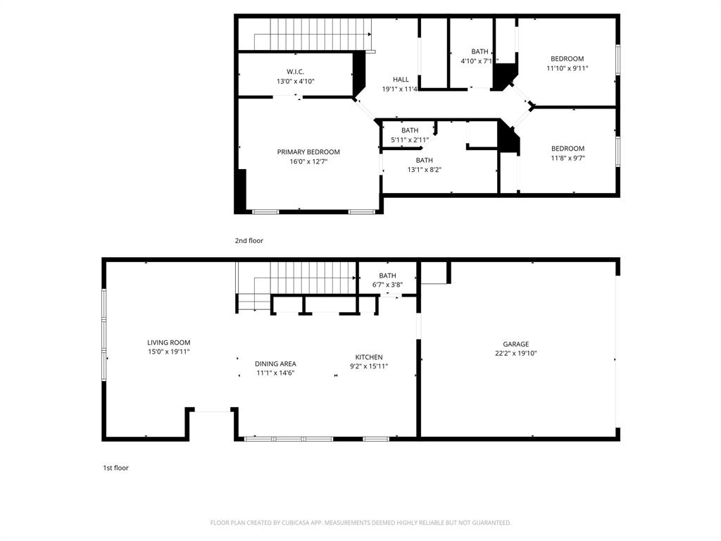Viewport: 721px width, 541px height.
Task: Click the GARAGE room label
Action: [515, 344]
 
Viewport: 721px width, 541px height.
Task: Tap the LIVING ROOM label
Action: [168, 342]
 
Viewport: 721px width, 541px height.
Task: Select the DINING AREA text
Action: [275, 363]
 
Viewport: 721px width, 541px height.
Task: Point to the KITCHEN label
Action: [369, 357]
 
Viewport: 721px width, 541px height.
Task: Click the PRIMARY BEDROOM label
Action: [308, 152]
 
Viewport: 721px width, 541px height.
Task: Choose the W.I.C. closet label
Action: [295, 72]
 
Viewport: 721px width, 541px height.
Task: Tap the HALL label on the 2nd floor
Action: [401, 80]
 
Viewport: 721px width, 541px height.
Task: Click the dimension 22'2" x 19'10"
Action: [515, 354]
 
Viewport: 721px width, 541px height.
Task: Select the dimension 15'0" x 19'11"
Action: [168, 352]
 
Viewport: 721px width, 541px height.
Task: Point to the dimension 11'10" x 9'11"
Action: [567, 68]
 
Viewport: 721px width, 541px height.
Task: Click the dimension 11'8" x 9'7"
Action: [568, 158]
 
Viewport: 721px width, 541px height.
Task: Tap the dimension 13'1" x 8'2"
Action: [424, 169]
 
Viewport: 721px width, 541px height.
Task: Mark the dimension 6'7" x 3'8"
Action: [387, 285]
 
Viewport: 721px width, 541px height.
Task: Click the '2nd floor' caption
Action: [249, 241]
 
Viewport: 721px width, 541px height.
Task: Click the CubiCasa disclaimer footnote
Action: [360, 523]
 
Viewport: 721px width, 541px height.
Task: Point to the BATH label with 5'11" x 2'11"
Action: [410, 130]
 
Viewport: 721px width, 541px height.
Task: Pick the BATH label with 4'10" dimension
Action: [479, 51]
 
